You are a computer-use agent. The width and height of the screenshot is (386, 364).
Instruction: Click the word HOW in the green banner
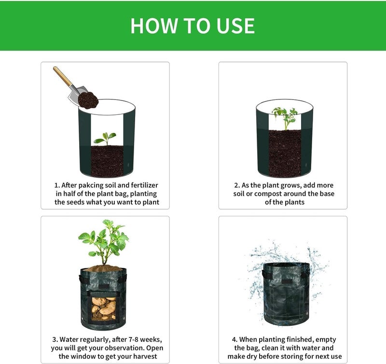154,26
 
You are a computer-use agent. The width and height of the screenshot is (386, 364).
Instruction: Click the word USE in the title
235,26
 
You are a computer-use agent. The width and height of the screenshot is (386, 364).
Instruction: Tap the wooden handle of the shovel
62,76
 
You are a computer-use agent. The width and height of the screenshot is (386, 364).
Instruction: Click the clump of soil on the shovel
88,100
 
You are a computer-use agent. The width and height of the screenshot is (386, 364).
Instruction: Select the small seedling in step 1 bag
105,139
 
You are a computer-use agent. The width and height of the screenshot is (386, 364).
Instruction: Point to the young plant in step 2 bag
285,118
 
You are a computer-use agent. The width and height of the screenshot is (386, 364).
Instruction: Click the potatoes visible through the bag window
104,308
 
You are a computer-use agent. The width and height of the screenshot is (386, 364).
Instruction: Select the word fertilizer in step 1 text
144,185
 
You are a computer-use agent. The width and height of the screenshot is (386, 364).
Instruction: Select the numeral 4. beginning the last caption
234,339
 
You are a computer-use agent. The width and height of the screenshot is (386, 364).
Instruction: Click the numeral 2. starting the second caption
237,185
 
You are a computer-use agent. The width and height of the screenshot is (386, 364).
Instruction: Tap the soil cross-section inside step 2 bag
285,153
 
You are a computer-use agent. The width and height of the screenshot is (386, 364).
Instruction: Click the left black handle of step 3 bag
81,278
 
